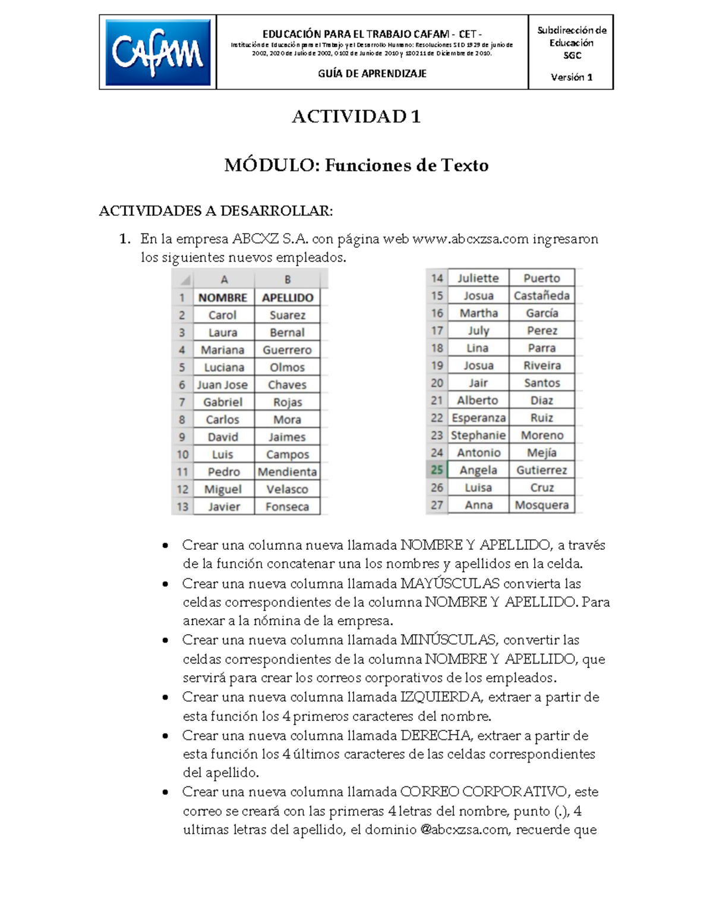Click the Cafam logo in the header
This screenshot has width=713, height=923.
coord(157,53)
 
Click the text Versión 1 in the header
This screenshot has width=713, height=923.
coord(571,77)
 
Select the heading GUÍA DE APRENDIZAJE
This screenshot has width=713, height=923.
coord(372,74)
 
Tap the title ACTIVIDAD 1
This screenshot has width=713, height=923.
coord(356,116)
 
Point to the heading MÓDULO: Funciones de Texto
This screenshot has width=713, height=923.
coord(356,165)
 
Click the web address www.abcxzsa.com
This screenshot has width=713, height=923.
coord(470,239)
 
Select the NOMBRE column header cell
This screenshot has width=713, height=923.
coord(223,298)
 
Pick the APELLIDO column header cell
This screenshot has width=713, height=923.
coord(288,298)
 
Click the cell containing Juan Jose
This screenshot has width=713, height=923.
coord(222,385)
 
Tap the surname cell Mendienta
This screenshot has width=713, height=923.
coord(288,472)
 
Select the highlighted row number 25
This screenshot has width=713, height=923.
coord(437,470)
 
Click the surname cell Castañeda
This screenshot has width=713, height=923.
coord(542,295)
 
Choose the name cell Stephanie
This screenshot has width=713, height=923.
coord(478,435)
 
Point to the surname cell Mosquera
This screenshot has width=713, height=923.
coord(542,505)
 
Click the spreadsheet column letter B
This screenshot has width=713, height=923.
coord(288,279)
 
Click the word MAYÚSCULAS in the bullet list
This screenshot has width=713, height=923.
coord(450,584)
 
